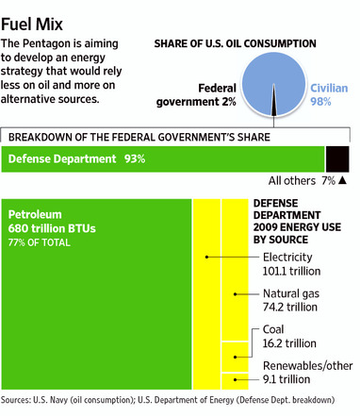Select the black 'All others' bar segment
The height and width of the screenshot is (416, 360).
[x=336, y=158]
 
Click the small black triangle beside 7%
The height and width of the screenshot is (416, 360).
[x=343, y=180]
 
